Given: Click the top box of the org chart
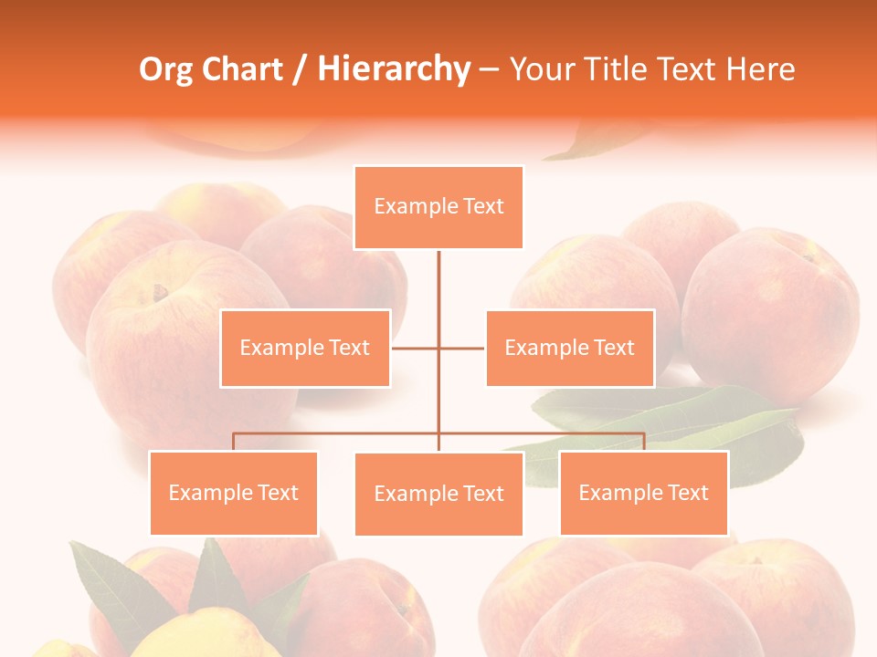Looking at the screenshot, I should click(x=438, y=207).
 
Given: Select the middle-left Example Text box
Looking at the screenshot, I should click(x=305, y=348).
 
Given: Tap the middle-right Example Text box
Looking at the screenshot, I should click(x=570, y=348).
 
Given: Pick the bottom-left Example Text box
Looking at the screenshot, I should click(x=234, y=493).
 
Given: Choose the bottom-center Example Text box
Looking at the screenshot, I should click(x=438, y=494).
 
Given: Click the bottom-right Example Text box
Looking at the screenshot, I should click(x=644, y=493).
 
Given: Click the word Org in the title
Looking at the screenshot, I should click(x=165, y=69).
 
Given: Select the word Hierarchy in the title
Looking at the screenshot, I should click(x=394, y=69).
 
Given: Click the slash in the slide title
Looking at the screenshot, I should click(x=300, y=70).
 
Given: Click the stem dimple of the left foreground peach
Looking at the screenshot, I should click(x=161, y=293).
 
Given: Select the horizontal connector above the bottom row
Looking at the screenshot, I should click(x=338, y=433).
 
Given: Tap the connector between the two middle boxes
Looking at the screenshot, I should click(x=438, y=348).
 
